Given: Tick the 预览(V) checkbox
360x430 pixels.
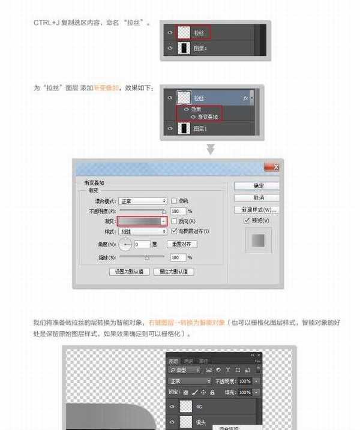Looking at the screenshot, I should click(x=247, y=221).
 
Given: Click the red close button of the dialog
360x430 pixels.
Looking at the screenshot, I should click(x=272, y=167).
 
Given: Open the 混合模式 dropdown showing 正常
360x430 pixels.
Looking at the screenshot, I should click(x=142, y=201).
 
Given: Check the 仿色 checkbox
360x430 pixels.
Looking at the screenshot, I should click(x=174, y=201).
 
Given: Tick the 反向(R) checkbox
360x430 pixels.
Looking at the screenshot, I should click(x=174, y=221).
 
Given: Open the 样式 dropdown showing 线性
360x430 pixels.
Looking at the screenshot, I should click(x=142, y=231).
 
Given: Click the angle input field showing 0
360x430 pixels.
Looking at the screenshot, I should click(x=142, y=245).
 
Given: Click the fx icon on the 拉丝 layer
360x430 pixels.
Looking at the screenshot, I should click(x=245, y=97).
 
